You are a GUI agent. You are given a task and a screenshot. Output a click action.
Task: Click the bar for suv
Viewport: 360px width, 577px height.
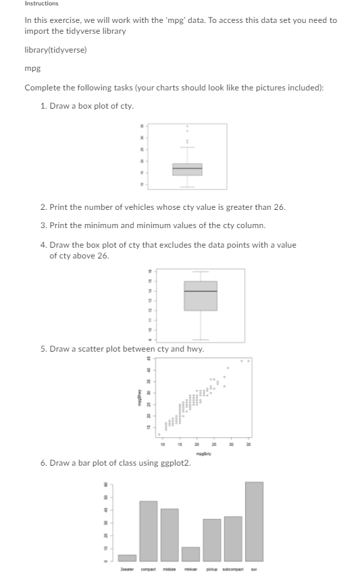point(254,521)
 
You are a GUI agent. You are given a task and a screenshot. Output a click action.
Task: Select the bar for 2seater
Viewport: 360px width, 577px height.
point(127,557)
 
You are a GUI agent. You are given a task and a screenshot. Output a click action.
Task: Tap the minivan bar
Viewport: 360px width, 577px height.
point(191,553)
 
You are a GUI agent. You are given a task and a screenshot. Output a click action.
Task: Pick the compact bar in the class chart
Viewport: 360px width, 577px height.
point(149,530)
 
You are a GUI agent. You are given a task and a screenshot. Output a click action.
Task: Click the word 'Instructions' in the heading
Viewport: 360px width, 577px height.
point(41,4)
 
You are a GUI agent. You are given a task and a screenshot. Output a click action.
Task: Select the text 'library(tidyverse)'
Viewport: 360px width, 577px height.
point(55,50)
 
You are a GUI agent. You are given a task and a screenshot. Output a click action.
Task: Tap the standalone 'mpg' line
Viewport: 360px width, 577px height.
point(32,69)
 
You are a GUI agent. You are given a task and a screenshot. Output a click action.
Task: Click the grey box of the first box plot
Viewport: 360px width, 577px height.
point(187,169)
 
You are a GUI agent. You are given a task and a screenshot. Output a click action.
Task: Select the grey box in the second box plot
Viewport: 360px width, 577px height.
point(201,296)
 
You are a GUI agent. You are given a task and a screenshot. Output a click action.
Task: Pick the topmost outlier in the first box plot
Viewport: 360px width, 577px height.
point(187,126)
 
